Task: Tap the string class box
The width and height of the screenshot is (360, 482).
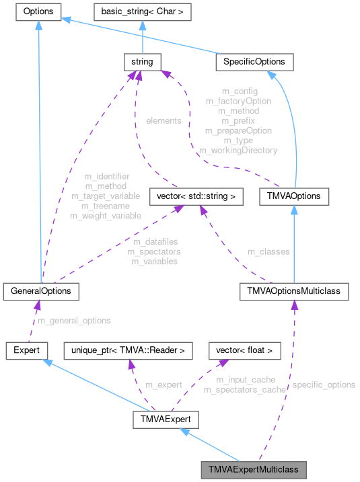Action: pos(139,62)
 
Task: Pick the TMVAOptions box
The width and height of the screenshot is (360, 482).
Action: pos(294,197)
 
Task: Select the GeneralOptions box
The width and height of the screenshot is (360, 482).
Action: pos(41,291)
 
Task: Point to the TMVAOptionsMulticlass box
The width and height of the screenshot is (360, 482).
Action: pos(294,291)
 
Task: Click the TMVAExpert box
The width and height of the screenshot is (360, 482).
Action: pos(165,421)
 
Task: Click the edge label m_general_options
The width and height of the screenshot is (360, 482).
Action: pos(74,321)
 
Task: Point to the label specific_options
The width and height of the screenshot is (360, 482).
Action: pos(323,385)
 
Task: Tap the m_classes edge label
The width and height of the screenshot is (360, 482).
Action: pos(268,251)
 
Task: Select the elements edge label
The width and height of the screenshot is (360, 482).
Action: pos(163,121)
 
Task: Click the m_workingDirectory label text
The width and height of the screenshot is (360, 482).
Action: pos(238,151)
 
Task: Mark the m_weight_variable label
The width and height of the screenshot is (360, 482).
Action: pos(106,216)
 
